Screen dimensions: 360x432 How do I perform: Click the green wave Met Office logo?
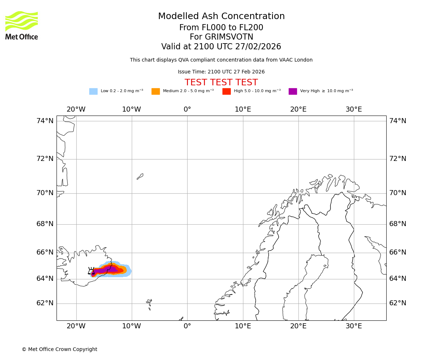click(21, 22)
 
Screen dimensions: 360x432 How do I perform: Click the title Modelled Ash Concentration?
click(221, 17)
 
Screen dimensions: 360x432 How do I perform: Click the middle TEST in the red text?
click(221, 82)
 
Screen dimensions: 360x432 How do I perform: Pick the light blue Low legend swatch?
click(93, 91)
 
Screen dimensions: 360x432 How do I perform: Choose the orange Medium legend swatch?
click(156, 91)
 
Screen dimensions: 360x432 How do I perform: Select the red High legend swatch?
click(226, 91)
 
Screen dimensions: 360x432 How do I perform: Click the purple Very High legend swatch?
click(293, 91)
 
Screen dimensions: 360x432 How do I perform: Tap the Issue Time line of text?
click(221, 72)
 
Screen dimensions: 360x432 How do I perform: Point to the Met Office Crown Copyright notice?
click(59, 350)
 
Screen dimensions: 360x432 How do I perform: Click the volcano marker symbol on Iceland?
click(91, 271)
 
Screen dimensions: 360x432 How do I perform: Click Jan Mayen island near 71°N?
click(140, 176)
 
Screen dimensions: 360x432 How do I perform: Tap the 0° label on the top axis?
click(187, 109)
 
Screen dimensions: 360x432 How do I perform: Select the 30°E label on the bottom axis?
click(354, 326)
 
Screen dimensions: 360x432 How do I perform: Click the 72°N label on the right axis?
click(397, 159)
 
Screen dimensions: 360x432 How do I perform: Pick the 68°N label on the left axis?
click(45, 224)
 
